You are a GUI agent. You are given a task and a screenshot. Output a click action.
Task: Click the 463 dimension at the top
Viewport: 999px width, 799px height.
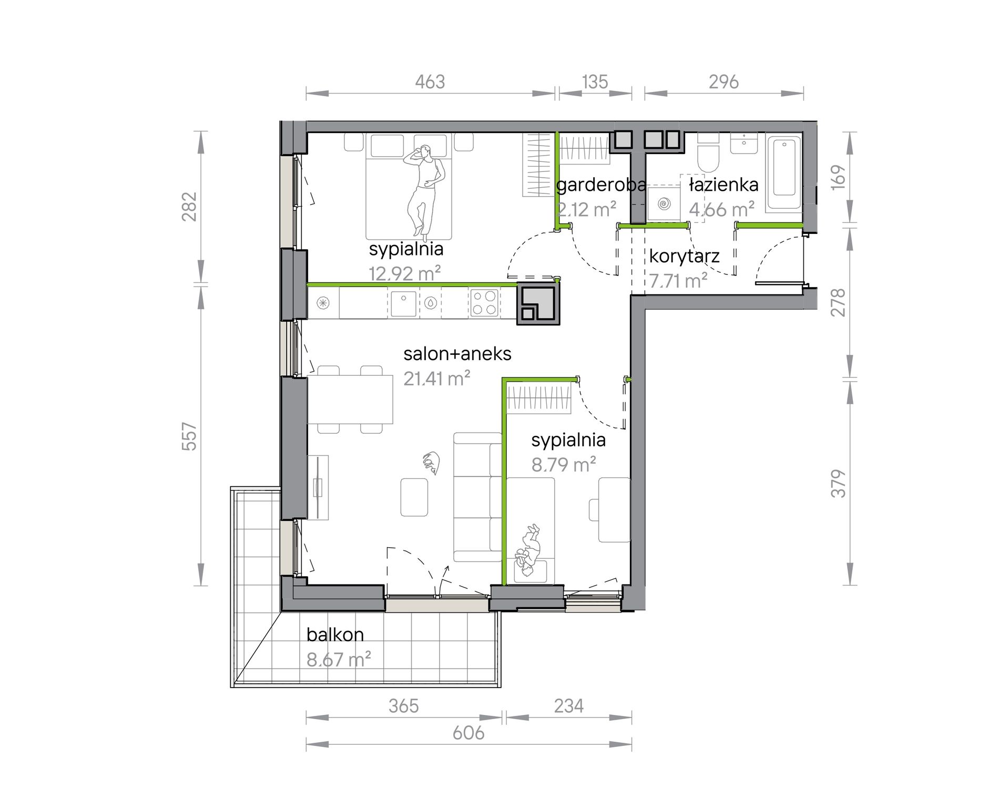[x=430, y=82]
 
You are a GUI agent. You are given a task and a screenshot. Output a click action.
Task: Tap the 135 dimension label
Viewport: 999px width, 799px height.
[x=595, y=82]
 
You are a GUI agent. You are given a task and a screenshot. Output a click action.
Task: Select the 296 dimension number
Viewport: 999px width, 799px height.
[x=723, y=82]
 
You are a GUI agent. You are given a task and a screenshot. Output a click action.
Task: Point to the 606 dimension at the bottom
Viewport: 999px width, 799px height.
[x=468, y=733]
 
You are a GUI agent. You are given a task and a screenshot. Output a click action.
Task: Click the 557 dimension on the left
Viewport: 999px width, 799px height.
[x=189, y=436]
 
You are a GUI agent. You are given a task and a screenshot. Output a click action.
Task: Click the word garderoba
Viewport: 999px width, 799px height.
[x=601, y=185]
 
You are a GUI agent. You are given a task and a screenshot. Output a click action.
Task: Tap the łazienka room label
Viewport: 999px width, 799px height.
[x=724, y=185]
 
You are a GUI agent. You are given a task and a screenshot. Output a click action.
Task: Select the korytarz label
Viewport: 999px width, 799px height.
[x=684, y=257]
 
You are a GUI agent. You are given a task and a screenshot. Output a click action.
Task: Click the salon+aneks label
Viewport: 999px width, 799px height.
[x=457, y=354]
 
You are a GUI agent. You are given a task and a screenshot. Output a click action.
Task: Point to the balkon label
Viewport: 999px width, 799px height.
[x=335, y=634]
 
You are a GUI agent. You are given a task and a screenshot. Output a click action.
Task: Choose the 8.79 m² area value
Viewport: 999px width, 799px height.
[x=563, y=465]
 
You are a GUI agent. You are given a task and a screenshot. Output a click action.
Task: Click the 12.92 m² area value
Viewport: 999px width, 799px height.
[x=404, y=273]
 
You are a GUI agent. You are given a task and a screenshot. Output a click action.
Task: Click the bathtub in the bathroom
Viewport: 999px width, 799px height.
[x=783, y=173]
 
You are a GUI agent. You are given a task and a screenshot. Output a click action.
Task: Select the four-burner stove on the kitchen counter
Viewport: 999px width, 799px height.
[x=484, y=303]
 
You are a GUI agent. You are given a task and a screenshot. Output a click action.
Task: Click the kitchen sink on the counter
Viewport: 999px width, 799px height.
[x=403, y=303]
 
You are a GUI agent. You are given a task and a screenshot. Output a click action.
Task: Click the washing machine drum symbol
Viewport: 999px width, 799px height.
[x=664, y=202]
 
